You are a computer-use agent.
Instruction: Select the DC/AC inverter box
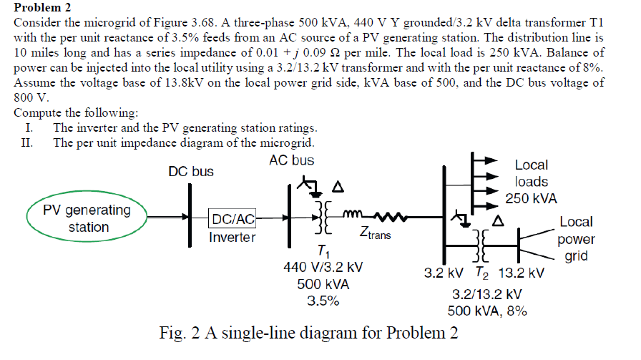(232, 218)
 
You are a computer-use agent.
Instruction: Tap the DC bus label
(190, 172)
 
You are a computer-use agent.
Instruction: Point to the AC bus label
(291, 160)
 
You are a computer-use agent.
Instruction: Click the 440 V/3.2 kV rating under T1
(323, 267)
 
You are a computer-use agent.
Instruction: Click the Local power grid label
(576, 239)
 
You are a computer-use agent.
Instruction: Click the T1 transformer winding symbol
(322, 218)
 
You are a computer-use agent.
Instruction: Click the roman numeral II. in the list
(31, 142)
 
